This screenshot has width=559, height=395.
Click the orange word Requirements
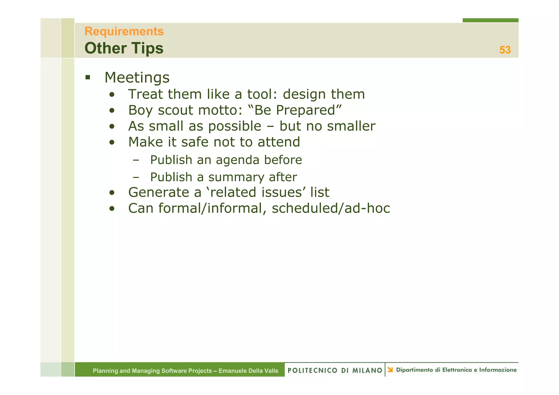pyautogui.click(x=124, y=31)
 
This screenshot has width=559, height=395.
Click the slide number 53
pyautogui.click(x=505, y=50)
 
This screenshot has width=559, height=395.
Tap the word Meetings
pyautogui.click(x=137, y=77)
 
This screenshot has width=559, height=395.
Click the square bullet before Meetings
pyautogui.click(x=88, y=77)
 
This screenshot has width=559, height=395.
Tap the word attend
pyautogui.click(x=279, y=142)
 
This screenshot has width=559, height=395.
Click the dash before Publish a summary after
pyautogui.click(x=136, y=177)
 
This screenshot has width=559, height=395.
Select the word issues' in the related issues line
pyautogui.click(x=284, y=192)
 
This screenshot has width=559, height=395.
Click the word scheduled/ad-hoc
pyautogui.click(x=331, y=208)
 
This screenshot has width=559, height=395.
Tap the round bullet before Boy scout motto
pyautogui.click(x=112, y=111)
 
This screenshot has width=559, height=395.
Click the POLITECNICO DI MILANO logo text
pyautogui.click(x=335, y=370)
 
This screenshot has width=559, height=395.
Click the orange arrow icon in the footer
pyautogui.click(x=390, y=370)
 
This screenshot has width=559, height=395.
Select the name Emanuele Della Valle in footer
pyautogui.click(x=248, y=371)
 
